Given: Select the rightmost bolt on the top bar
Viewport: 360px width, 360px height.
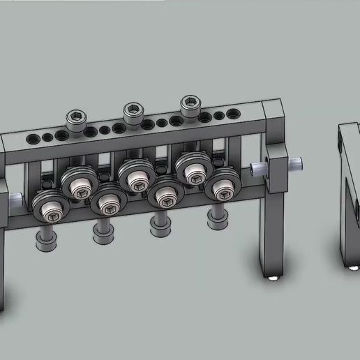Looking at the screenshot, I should coord(189,105).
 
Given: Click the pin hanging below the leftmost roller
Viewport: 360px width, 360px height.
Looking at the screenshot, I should coord(46,240).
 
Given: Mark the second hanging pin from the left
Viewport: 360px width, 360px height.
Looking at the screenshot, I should coord(104,231).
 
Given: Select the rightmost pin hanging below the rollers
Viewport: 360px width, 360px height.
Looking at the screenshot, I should coord(217,218).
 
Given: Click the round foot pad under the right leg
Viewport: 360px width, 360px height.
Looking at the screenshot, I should coord(273,278).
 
